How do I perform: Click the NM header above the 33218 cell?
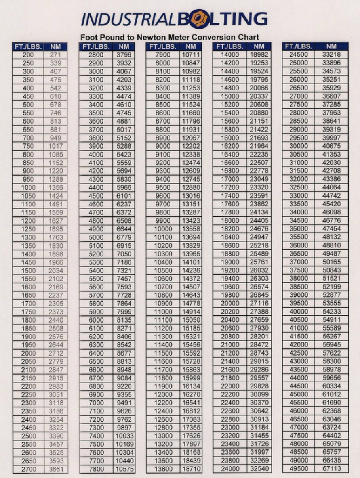pyautogui.click(x=331, y=46)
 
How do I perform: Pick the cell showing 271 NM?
pyautogui.click(x=55, y=55)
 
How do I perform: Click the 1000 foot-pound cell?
pyautogui.click(x=28, y=187)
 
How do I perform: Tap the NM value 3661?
pyautogui.click(x=55, y=469)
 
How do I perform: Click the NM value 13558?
pyautogui.click(x=191, y=229)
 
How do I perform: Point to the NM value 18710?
pyautogui.click(x=191, y=469)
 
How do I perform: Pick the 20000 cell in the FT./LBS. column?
pyautogui.click(x=230, y=303)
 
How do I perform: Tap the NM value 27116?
pyautogui.click(x=259, y=303)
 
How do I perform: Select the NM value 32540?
pyautogui.click(x=259, y=469)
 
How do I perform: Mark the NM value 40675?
pyautogui.click(x=331, y=146)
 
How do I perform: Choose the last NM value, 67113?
pyautogui.click(x=331, y=469)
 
